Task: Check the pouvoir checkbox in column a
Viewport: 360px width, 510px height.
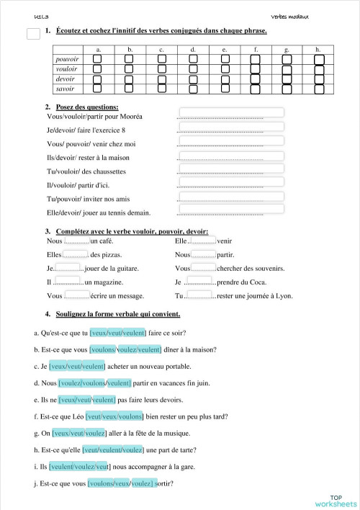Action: [97, 59]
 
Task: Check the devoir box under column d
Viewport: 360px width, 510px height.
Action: [193, 79]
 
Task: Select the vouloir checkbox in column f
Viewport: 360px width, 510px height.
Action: [256, 69]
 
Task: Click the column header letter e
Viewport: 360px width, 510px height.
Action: [225, 49]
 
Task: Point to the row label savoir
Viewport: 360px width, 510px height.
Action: [66, 89]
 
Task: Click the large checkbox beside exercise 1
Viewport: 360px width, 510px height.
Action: [32, 33]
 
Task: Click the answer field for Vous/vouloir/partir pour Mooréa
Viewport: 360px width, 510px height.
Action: [230, 113]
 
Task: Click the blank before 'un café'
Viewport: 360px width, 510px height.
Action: [76, 241]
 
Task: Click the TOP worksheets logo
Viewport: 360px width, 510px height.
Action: [336, 501]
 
